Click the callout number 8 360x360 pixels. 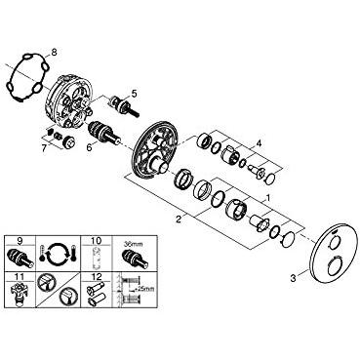click(54, 52)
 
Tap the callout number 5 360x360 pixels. click(135, 94)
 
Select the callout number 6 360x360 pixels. click(89, 147)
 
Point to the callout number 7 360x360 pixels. click(45, 148)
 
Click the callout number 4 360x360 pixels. click(259, 142)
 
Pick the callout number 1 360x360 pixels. click(268, 197)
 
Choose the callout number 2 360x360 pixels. click(179, 220)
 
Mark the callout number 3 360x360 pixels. click(294, 278)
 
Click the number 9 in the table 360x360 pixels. click(20, 241)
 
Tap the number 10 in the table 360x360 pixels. click(97, 241)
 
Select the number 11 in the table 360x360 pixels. click(20, 277)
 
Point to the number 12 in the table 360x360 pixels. click(97, 277)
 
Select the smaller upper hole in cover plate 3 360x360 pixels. click(334, 243)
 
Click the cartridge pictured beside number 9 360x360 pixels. click(20, 258)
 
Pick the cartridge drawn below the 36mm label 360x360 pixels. click(135, 258)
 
